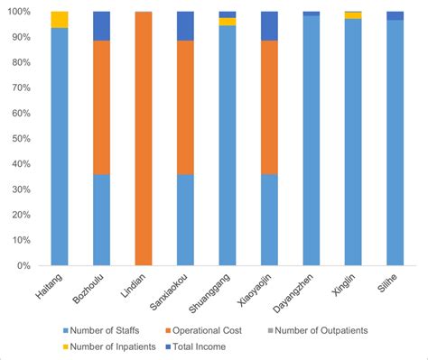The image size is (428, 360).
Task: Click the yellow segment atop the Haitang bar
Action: point(60,20)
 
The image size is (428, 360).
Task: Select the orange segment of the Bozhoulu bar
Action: point(101,107)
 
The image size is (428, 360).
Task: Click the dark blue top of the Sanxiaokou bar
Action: point(185,25)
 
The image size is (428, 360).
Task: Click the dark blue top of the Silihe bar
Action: point(395,15)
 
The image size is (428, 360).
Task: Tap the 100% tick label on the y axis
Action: point(17,12)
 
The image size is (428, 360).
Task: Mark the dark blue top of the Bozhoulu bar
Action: point(101,25)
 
